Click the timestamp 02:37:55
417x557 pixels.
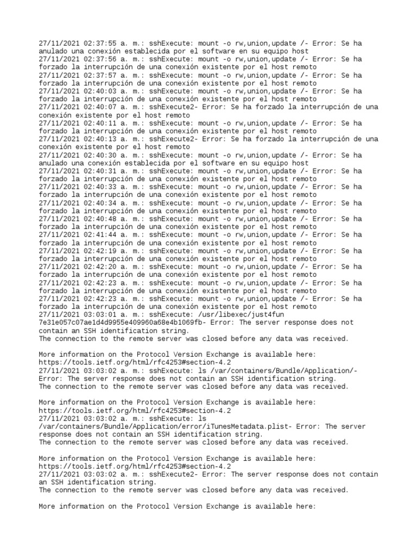coord(100,43)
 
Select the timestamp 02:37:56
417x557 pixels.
coord(100,59)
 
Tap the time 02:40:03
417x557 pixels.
coord(100,91)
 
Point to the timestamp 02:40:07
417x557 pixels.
coord(100,107)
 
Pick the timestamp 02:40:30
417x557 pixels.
coord(100,155)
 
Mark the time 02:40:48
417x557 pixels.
coord(100,219)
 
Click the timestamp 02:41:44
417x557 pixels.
coord(100,235)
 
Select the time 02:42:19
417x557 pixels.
coord(100,251)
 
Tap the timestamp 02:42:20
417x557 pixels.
coord(100,267)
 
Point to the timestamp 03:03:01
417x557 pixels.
coord(100,315)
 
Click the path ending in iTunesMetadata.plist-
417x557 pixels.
coord(174,426)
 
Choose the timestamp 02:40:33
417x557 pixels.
coord(100,187)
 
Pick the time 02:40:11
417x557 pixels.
coord(100,123)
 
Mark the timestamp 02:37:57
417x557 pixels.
coord(100,75)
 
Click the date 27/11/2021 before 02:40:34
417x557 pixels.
coord(59,203)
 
